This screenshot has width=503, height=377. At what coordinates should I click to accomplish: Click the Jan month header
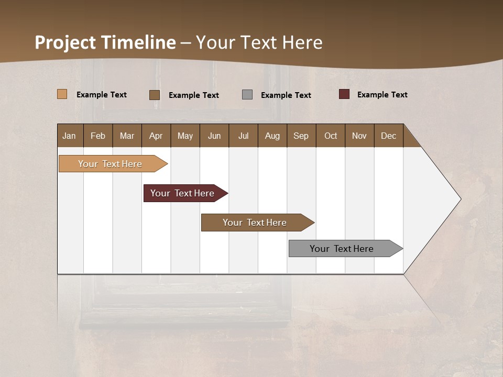70,136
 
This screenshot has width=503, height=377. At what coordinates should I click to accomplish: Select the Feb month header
98,136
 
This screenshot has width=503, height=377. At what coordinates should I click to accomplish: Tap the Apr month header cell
156,136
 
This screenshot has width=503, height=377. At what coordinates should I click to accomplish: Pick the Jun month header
214,136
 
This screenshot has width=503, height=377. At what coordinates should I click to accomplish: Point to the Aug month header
272,136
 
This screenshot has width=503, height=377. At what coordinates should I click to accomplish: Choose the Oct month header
331,136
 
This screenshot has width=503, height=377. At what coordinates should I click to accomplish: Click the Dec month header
389,136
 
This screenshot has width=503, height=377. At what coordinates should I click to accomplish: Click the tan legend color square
62,94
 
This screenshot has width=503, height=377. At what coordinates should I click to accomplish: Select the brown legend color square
155,95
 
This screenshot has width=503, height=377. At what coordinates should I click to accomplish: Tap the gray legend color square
247,95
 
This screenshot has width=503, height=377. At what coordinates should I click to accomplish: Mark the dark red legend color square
344,94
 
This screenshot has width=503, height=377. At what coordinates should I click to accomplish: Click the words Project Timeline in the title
105,42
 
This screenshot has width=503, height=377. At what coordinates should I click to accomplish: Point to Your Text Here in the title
259,42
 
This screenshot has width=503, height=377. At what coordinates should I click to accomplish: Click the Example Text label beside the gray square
286,95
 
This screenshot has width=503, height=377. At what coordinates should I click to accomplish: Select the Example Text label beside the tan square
102,95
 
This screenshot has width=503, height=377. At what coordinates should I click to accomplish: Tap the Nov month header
359,136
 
